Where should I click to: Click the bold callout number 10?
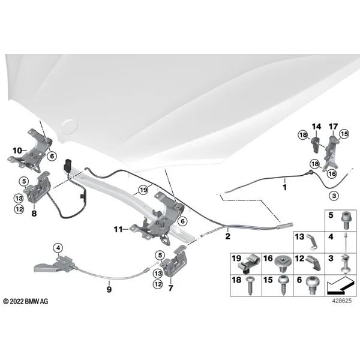click(x=17, y=151)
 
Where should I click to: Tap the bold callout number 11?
click(x=118, y=229)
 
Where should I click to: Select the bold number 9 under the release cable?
click(x=109, y=289)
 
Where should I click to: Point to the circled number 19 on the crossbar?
click(x=143, y=190)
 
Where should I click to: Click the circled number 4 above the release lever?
click(x=58, y=248)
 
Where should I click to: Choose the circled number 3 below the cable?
click(x=334, y=196)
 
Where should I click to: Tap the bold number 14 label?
click(x=316, y=127)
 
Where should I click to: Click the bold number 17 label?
click(x=333, y=127)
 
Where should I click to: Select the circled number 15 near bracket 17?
click(x=344, y=134)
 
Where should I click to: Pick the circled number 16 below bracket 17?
click(x=332, y=173)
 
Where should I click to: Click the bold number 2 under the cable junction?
click(x=227, y=236)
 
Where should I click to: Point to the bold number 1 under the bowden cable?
click(x=284, y=187)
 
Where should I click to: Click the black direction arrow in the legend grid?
click(x=340, y=286)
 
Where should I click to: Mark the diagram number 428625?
click(x=341, y=301)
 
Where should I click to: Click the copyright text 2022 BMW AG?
click(x=26, y=301)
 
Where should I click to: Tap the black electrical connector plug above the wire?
click(x=68, y=164)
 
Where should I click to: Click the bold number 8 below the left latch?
click(x=34, y=214)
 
